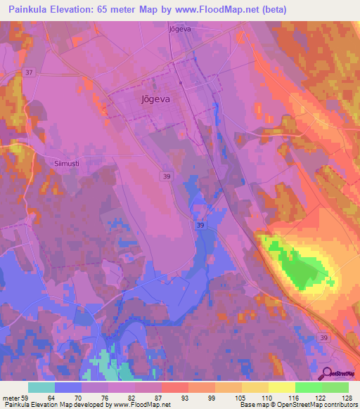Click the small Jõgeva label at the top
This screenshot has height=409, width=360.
pos(180,30)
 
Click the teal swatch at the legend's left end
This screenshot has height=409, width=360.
pos(41,387)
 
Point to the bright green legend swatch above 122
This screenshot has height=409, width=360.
pos(308,387)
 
